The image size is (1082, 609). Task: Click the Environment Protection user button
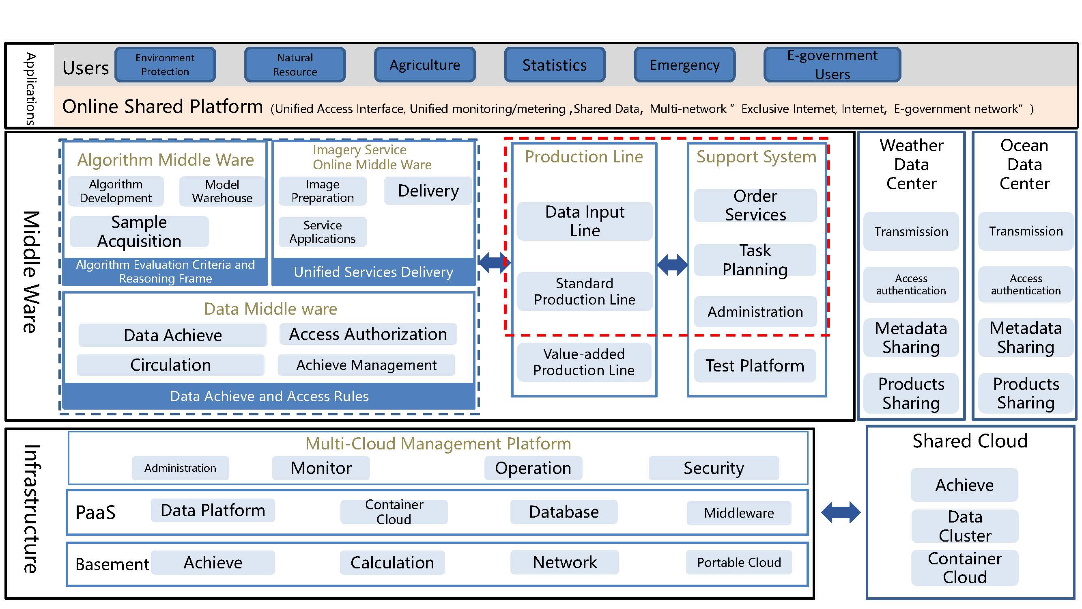(x=165, y=65)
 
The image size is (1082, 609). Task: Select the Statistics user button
(x=555, y=65)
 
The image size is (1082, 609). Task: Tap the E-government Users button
(x=832, y=65)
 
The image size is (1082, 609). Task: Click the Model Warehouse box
(x=222, y=191)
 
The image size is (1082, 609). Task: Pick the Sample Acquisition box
(x=139, y=231)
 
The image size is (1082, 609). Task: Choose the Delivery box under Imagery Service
(x=428, y=191)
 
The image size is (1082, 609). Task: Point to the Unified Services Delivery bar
(x=373, y=272)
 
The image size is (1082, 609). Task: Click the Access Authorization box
(x=368, y=334)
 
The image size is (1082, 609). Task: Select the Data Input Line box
(x=585, y=221)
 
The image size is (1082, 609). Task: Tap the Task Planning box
(x=755, y=260)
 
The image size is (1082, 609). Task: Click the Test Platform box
(x=755, y=366)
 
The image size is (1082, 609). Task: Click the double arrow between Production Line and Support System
(x=672, y=265)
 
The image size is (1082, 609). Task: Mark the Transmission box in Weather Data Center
(x=911, y=231)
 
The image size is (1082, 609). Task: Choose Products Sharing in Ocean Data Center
(x=1026, y=393)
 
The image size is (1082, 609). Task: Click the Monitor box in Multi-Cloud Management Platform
(x=321, y=468)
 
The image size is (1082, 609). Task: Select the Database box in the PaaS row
(x=564, y=512)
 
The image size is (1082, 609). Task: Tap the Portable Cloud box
(x=739, y=562)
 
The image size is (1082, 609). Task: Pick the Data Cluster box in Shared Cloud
(x=965, y=526)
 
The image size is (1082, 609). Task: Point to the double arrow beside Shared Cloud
(x=841, y=512)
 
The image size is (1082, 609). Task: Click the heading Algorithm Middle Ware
(x=166, y=160)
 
